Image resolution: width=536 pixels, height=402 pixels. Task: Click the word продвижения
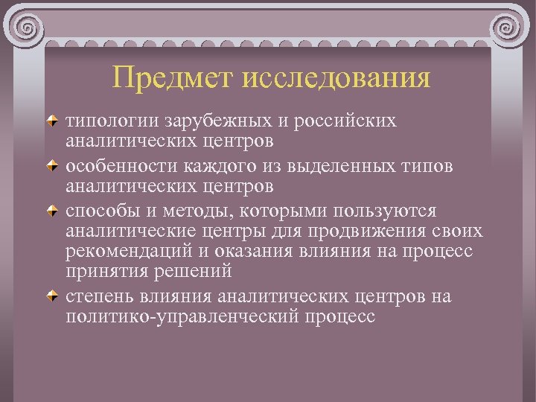388,231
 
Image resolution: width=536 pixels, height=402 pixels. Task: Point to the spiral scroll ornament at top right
508,31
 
